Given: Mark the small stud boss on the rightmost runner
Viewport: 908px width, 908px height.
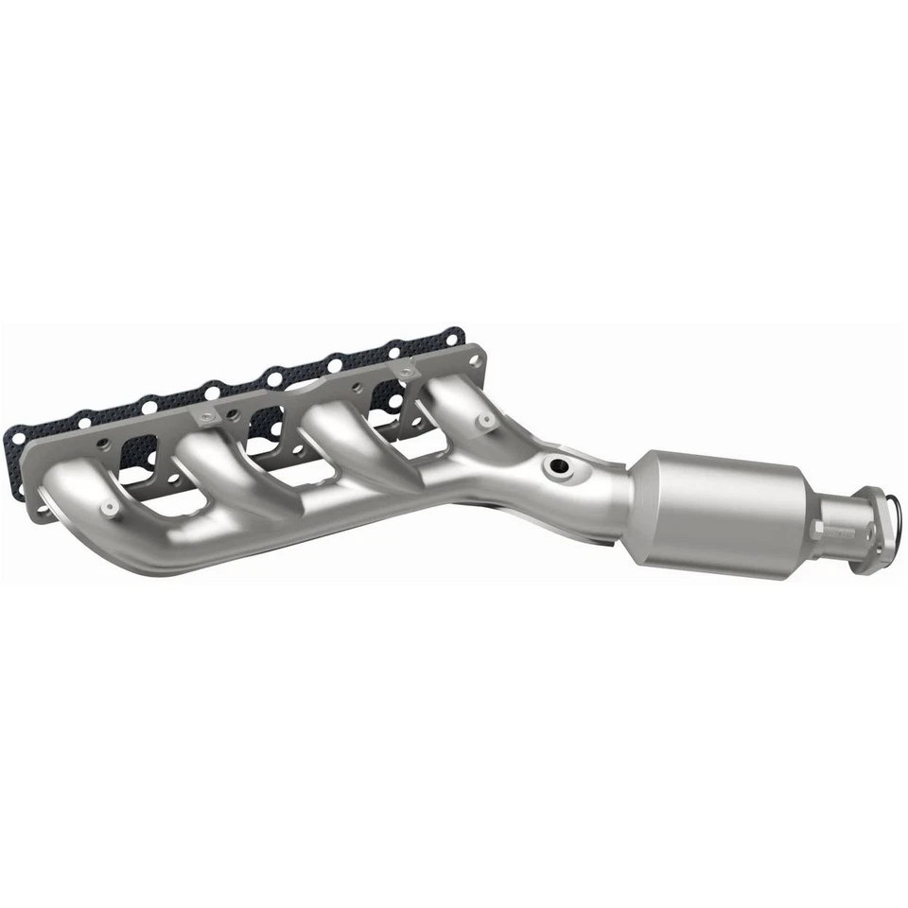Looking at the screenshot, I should (485, 420).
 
